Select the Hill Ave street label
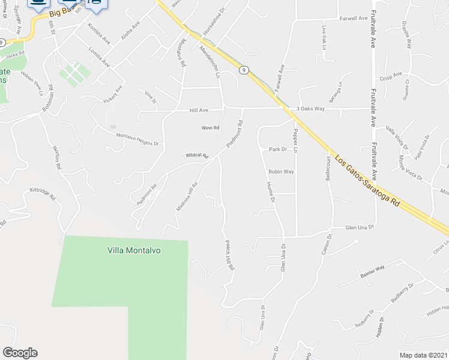tap(199, 110)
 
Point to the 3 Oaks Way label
tap(310, 109)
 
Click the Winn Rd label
tap(210, 128)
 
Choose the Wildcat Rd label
tap(196, 155)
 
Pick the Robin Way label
tap(281, 172)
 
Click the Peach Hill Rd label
tap(228, 256)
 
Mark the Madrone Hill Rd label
tap(187, 197)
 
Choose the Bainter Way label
tap(372, 270)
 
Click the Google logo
tap(20, 353)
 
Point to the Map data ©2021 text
tap(423, 355)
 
